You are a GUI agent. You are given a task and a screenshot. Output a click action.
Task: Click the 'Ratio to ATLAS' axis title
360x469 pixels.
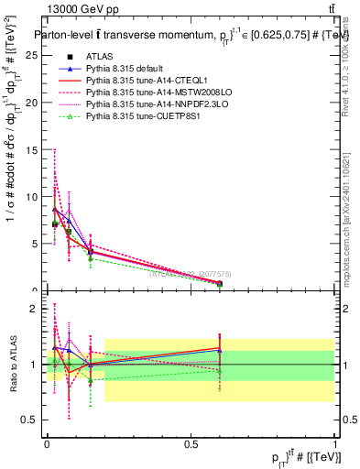coord(12,364)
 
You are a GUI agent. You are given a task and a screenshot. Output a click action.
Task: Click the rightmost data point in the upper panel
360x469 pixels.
coord(219,283)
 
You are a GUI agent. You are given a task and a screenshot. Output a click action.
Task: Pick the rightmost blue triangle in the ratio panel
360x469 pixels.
coord(219,350)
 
